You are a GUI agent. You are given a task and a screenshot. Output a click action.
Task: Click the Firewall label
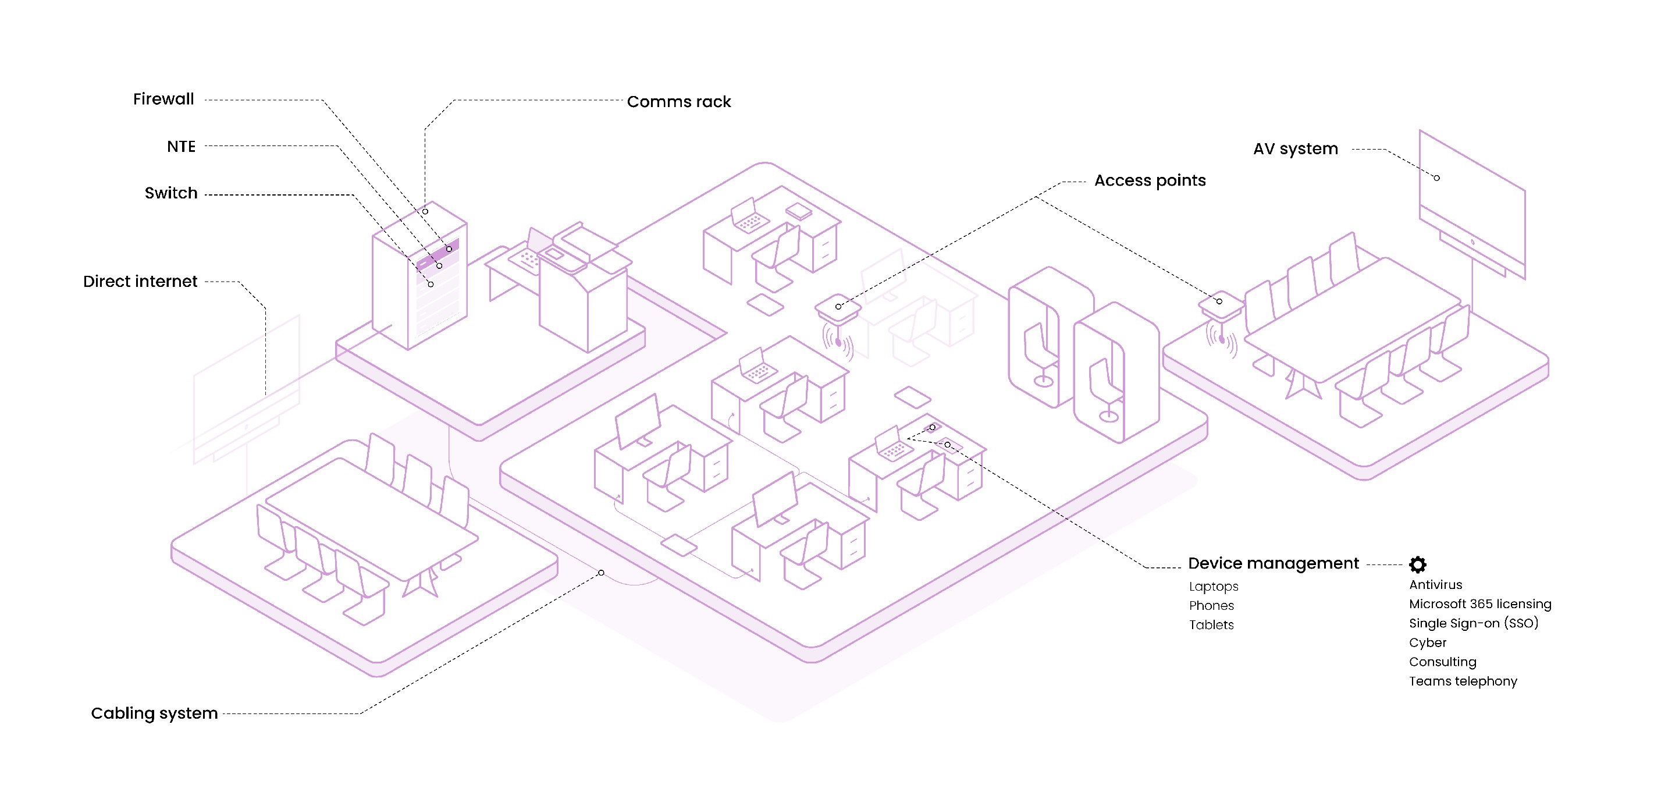tap(163, 99)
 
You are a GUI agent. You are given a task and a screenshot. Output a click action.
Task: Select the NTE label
tap(181, 147)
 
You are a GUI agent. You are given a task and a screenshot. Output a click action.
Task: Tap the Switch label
tap(171, 193)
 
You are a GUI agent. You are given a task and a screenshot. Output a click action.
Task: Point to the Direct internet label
tap(140, 281)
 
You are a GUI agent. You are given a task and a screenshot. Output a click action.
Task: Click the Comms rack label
tap(679, 101)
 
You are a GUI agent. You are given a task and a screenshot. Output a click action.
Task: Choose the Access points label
tap(1150, 180)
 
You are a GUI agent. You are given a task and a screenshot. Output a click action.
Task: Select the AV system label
tap(1295, 149)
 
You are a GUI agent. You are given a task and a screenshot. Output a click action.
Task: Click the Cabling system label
tap(154, 713)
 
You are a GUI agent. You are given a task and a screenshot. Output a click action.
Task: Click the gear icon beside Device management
tap(1417, 564)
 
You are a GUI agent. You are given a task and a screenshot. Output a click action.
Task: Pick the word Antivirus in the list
tap(1435, 584)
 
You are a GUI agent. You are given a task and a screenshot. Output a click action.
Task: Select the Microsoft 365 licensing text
tap(1479, 603)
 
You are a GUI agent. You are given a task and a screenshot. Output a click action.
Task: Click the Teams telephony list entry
tap(1463, 681)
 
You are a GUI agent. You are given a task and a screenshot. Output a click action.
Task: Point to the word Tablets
tap(1211, 624)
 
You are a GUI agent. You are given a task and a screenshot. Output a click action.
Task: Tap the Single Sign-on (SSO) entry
tap(1473, 623)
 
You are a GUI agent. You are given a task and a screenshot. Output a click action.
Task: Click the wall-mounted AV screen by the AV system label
tap(1472, 205)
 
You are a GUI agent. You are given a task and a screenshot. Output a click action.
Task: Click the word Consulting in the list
tap(1442, 662)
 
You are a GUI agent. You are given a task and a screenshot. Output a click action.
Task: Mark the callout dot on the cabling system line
tap(601, 572)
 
